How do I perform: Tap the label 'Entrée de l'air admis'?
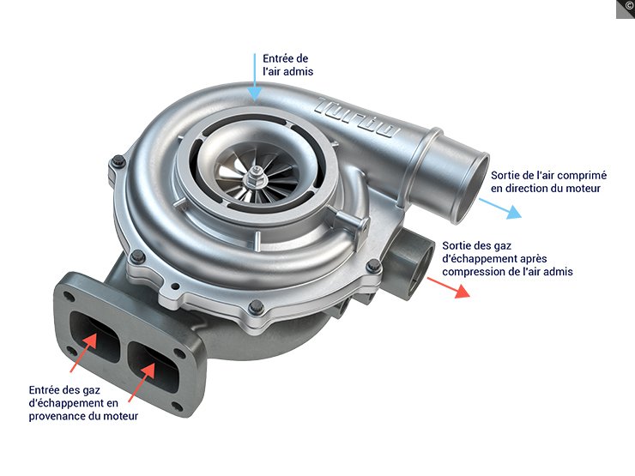tap(288, 65)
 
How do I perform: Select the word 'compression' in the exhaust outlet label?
tap(471, 271)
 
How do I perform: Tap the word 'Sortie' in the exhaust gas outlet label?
tap(459, 245)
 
